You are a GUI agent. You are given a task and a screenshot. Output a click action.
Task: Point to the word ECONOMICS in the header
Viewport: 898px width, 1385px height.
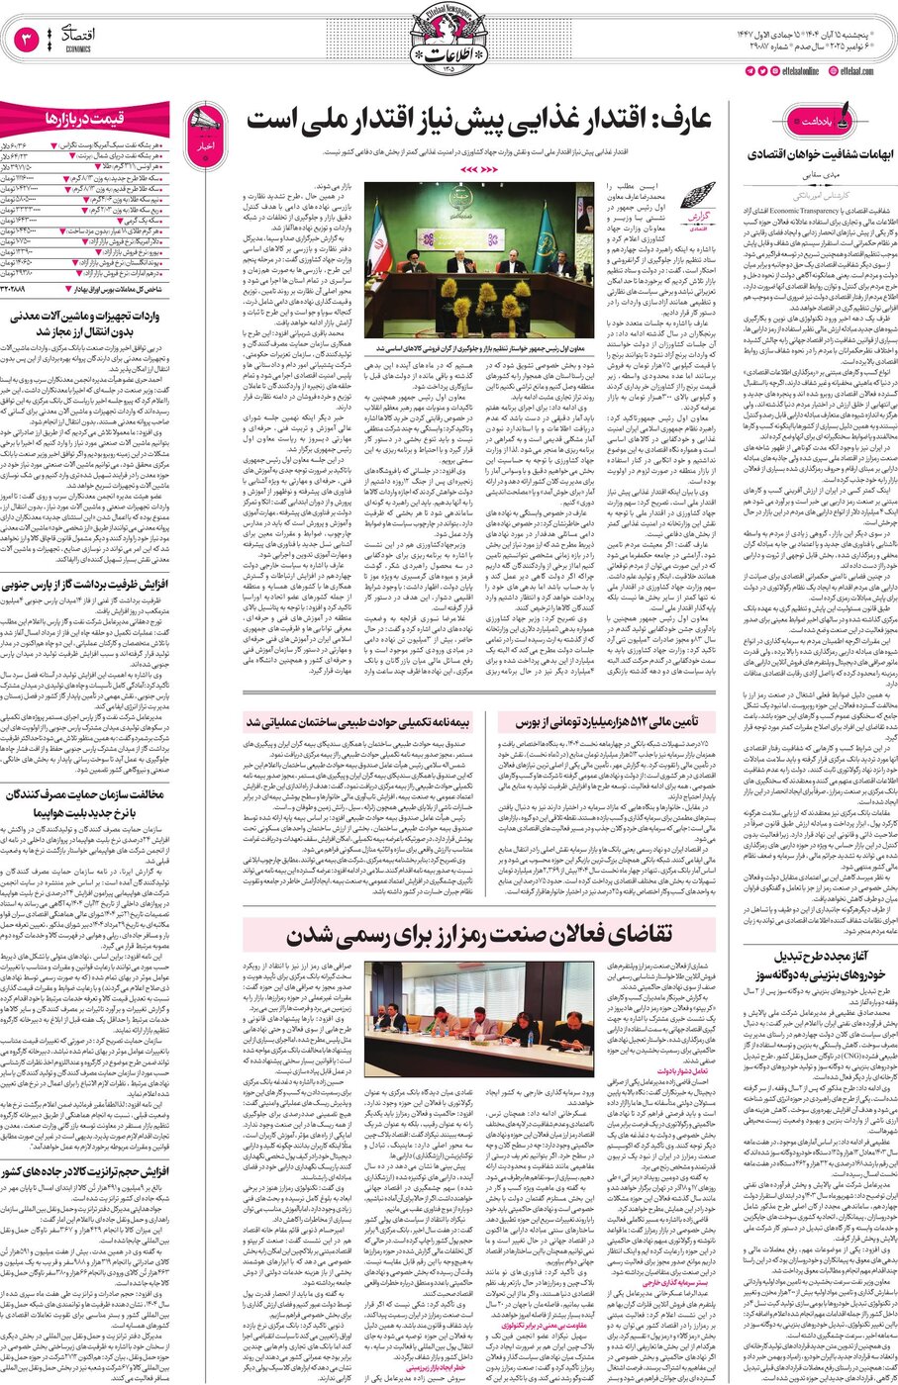click(x=78, y=48)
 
